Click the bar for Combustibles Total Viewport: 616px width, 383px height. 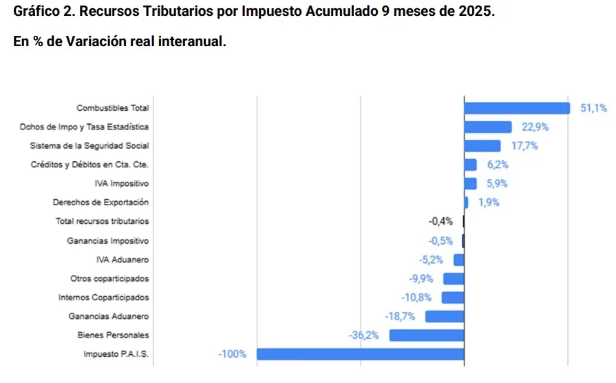(x=517, y=108)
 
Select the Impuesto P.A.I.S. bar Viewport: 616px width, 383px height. (x=360, y=354)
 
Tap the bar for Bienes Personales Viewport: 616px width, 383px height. (x=427, y=335)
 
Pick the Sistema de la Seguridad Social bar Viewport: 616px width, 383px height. (x=482, y=146)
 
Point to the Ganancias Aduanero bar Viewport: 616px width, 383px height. (x=445, y=316)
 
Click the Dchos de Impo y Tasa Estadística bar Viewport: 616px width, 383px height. (x=488, y=127)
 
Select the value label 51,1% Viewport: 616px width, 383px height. (x=593, y=108)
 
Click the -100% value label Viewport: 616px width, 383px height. (x=232, y=354)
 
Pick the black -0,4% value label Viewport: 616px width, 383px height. (x=440, y=222)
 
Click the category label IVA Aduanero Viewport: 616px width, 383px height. (x=123, y=260)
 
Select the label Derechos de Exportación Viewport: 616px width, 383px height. (x=100, y=203)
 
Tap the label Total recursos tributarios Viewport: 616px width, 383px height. (x=102, y=222)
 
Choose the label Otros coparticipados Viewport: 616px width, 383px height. (x=109, y=278)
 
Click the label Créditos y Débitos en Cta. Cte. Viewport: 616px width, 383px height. (x=89, y=165)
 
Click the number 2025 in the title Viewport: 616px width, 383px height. (x=475, y=12)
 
